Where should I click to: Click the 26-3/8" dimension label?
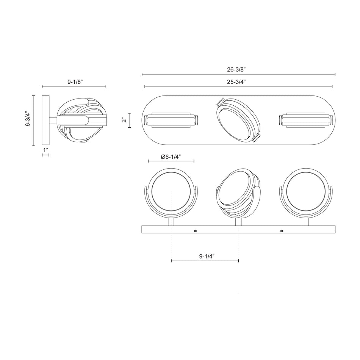(x=238, y=69)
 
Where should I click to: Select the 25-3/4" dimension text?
(x=238, y=82)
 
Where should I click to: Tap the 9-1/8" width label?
(x=75, y=81)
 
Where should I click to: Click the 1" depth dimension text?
(x=45, y=150)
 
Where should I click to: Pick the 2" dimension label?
(x=124, y=120)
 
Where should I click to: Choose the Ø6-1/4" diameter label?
(x=171, y=156)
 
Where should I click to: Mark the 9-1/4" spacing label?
(x=207, y=256)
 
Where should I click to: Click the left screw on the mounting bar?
(x=195, y=231)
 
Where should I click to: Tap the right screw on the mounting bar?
(x=282, y=231)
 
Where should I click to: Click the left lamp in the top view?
(x=171, y=120)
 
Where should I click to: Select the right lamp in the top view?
(x=306, y=120)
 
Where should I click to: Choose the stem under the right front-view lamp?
(x=305, y=221)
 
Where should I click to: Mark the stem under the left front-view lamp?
(x=171, y=221)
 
